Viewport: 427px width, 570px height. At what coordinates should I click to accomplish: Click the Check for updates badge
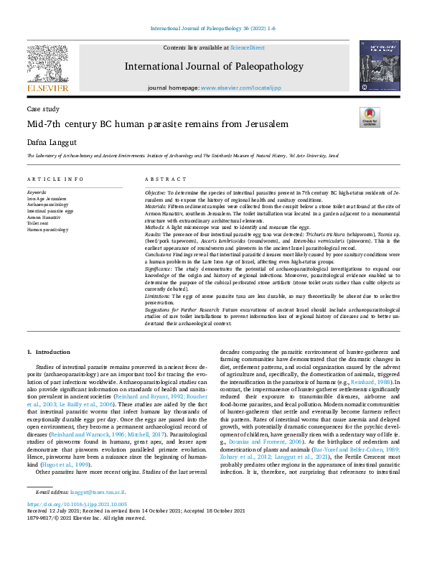click(x=369, y=118)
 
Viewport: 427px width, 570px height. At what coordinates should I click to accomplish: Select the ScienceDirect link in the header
click(x=247, y=47)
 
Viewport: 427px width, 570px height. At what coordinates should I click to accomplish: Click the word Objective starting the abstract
click(x=155, y=193)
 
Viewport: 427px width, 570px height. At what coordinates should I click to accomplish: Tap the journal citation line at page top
click(x=213, y=29)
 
